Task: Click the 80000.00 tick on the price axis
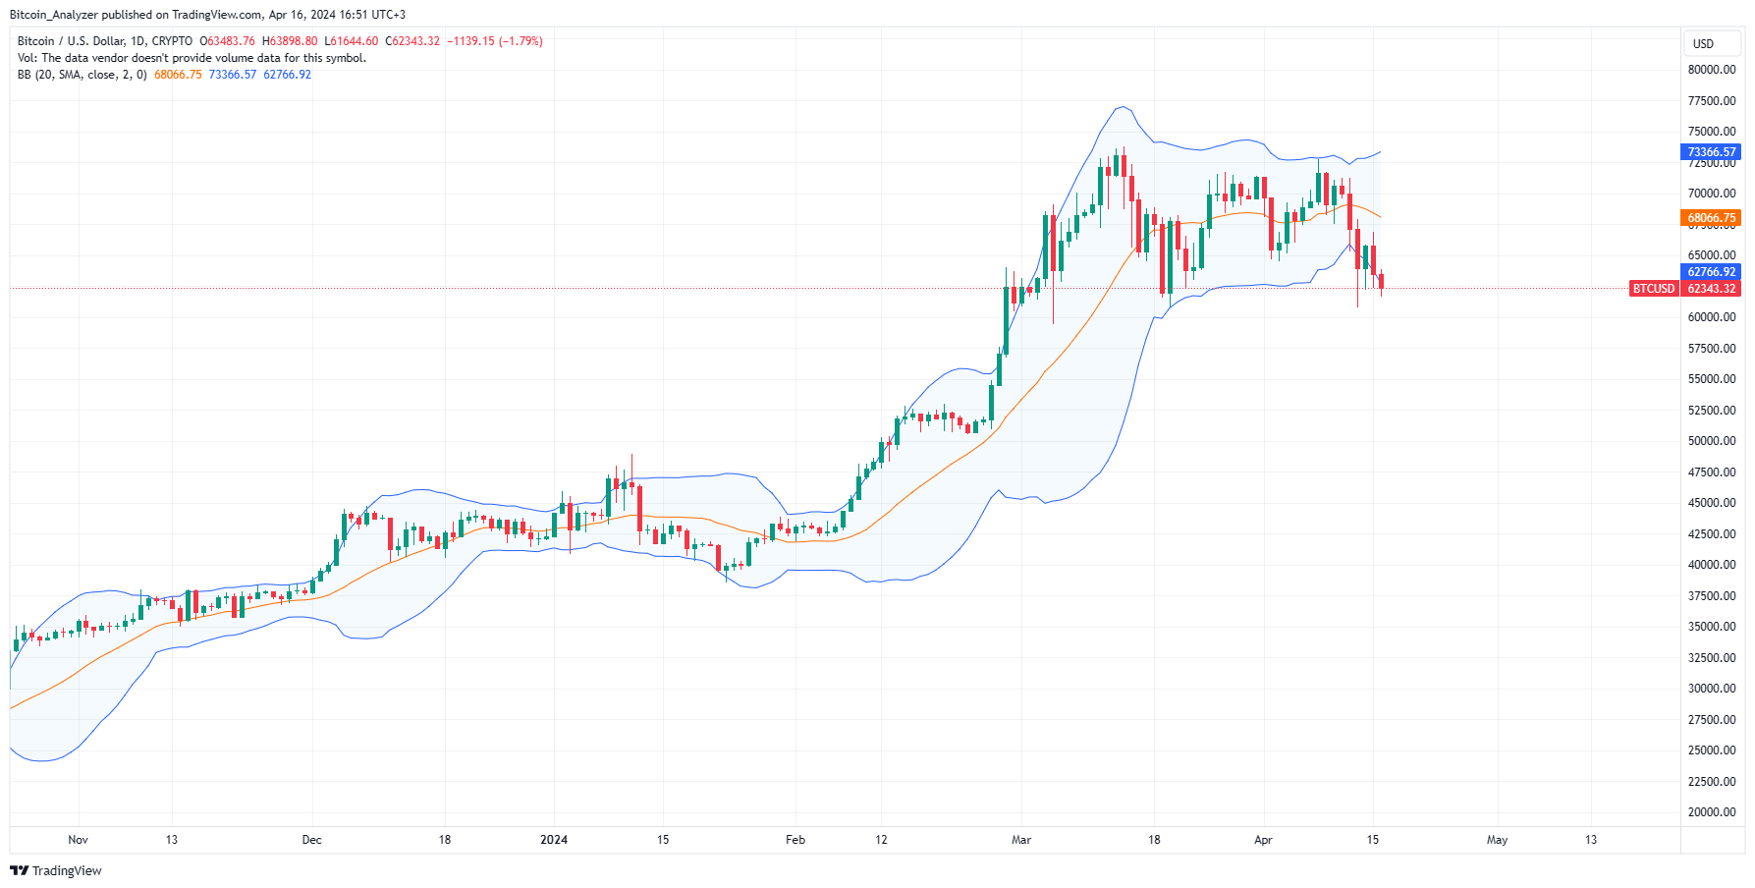click(1712, 70)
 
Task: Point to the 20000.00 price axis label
click(1712, 812)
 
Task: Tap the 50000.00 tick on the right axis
click(1712, 441)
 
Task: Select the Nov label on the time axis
click(79, 840)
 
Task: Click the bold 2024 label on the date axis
click(554, 840)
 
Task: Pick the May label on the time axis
click(1497, 840)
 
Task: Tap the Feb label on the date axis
click(795, 840)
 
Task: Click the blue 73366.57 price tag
click(1712, 152)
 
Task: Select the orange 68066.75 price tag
click(1712, 218)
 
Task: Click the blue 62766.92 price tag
click(1712, 272)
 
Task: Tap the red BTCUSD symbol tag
click(1654, 289)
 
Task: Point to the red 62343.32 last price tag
click(1712, 289)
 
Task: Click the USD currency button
click(1703, 44)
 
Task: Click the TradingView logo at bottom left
click(56, 871)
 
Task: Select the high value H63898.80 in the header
click(290, 41)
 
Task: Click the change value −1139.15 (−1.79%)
click(495, 41)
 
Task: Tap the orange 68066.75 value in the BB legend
click(178, 75)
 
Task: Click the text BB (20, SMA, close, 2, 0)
click(82, 75)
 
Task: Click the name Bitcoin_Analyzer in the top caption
click(53, 15)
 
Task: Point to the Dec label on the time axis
click(311, 840)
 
